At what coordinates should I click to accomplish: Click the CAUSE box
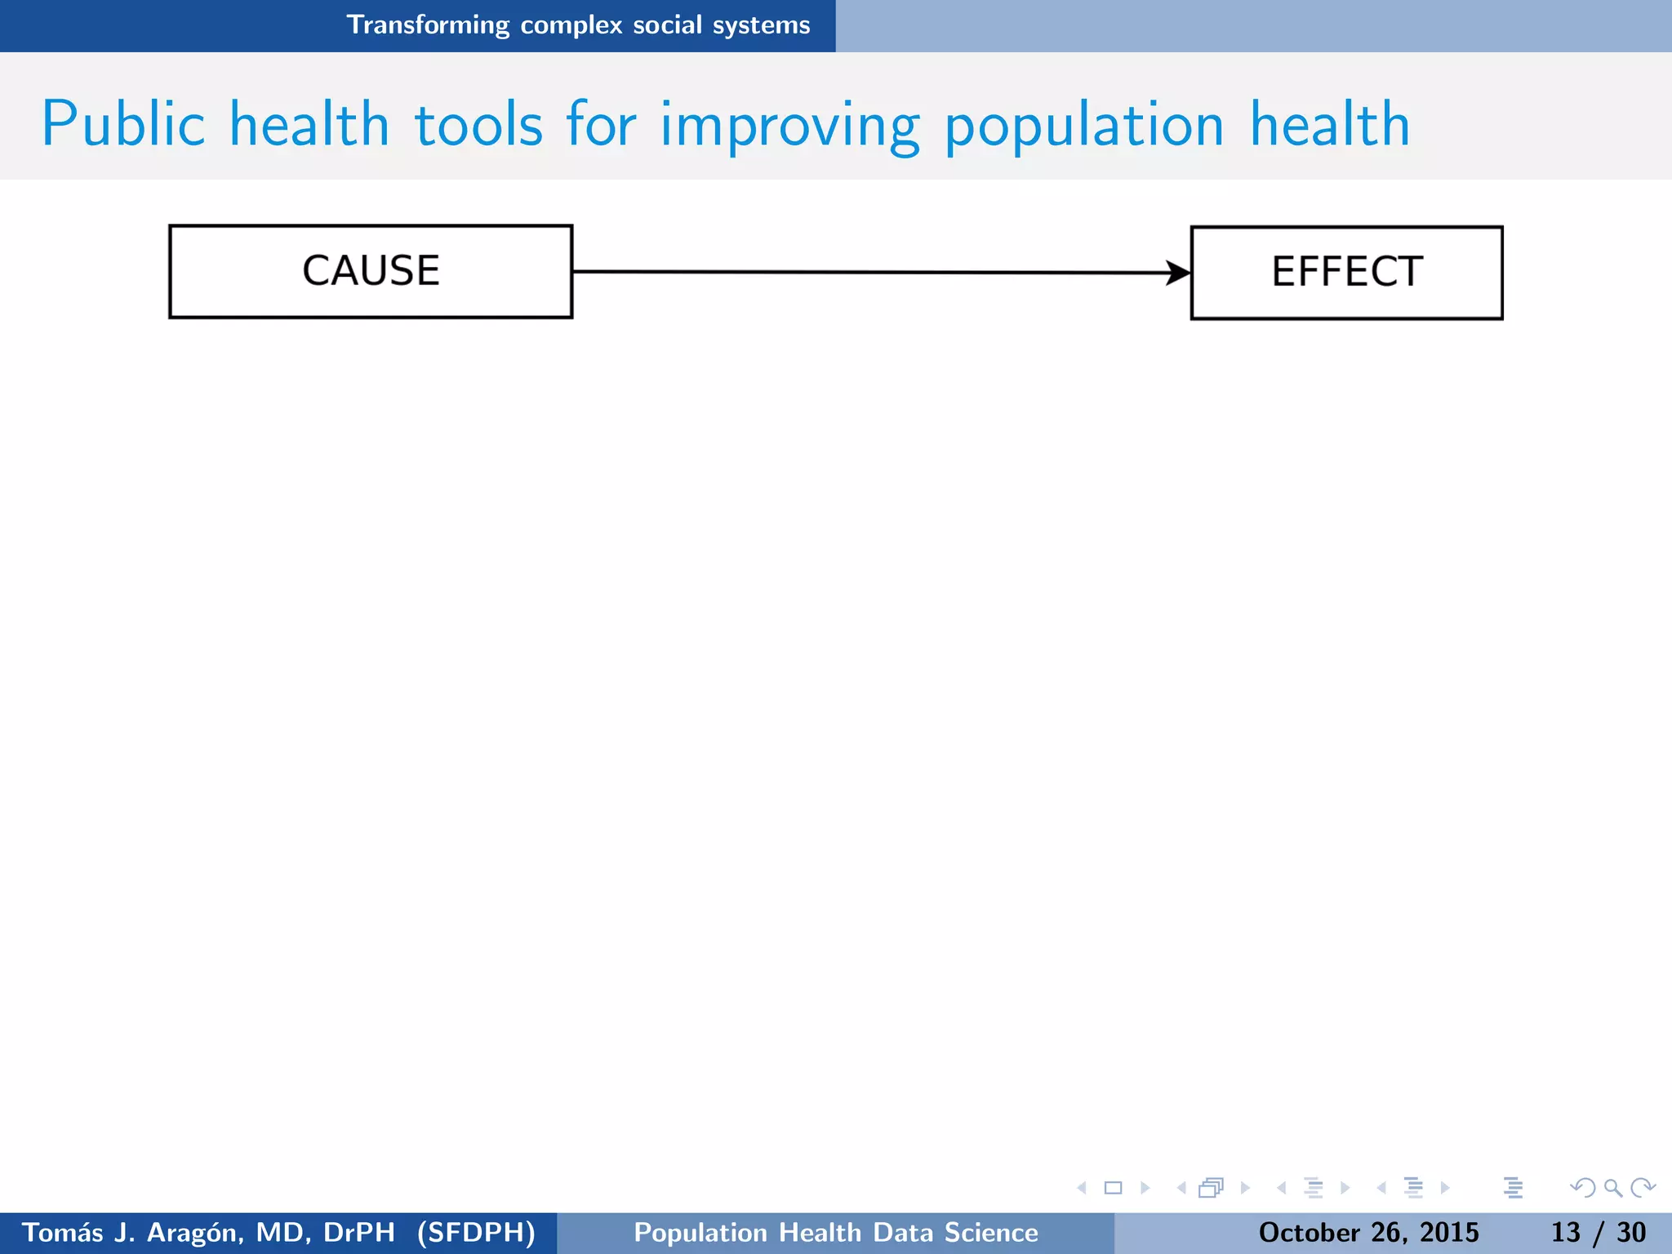point(371,271)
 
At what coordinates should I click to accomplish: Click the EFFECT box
point(1346,272)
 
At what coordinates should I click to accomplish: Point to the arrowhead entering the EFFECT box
point(1178,273)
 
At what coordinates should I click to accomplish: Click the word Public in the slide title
point(122,125)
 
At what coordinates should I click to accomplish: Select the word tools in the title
point(478,125)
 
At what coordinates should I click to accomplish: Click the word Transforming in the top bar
point(429,24)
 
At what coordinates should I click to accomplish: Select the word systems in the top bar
point(761,25)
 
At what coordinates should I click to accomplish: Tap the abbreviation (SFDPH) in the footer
point(476,1232)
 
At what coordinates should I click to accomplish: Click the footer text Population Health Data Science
point(836,1232)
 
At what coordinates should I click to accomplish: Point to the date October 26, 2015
point(1368,1232)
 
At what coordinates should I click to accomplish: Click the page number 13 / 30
point(1598,1232)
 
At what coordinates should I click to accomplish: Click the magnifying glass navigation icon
point(1612,1188)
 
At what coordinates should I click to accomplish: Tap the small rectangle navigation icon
point(1113,1188)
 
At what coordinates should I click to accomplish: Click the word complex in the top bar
point(571,25)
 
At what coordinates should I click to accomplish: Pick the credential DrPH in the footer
point(359,1232)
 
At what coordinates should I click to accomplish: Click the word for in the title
point(601,125)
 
